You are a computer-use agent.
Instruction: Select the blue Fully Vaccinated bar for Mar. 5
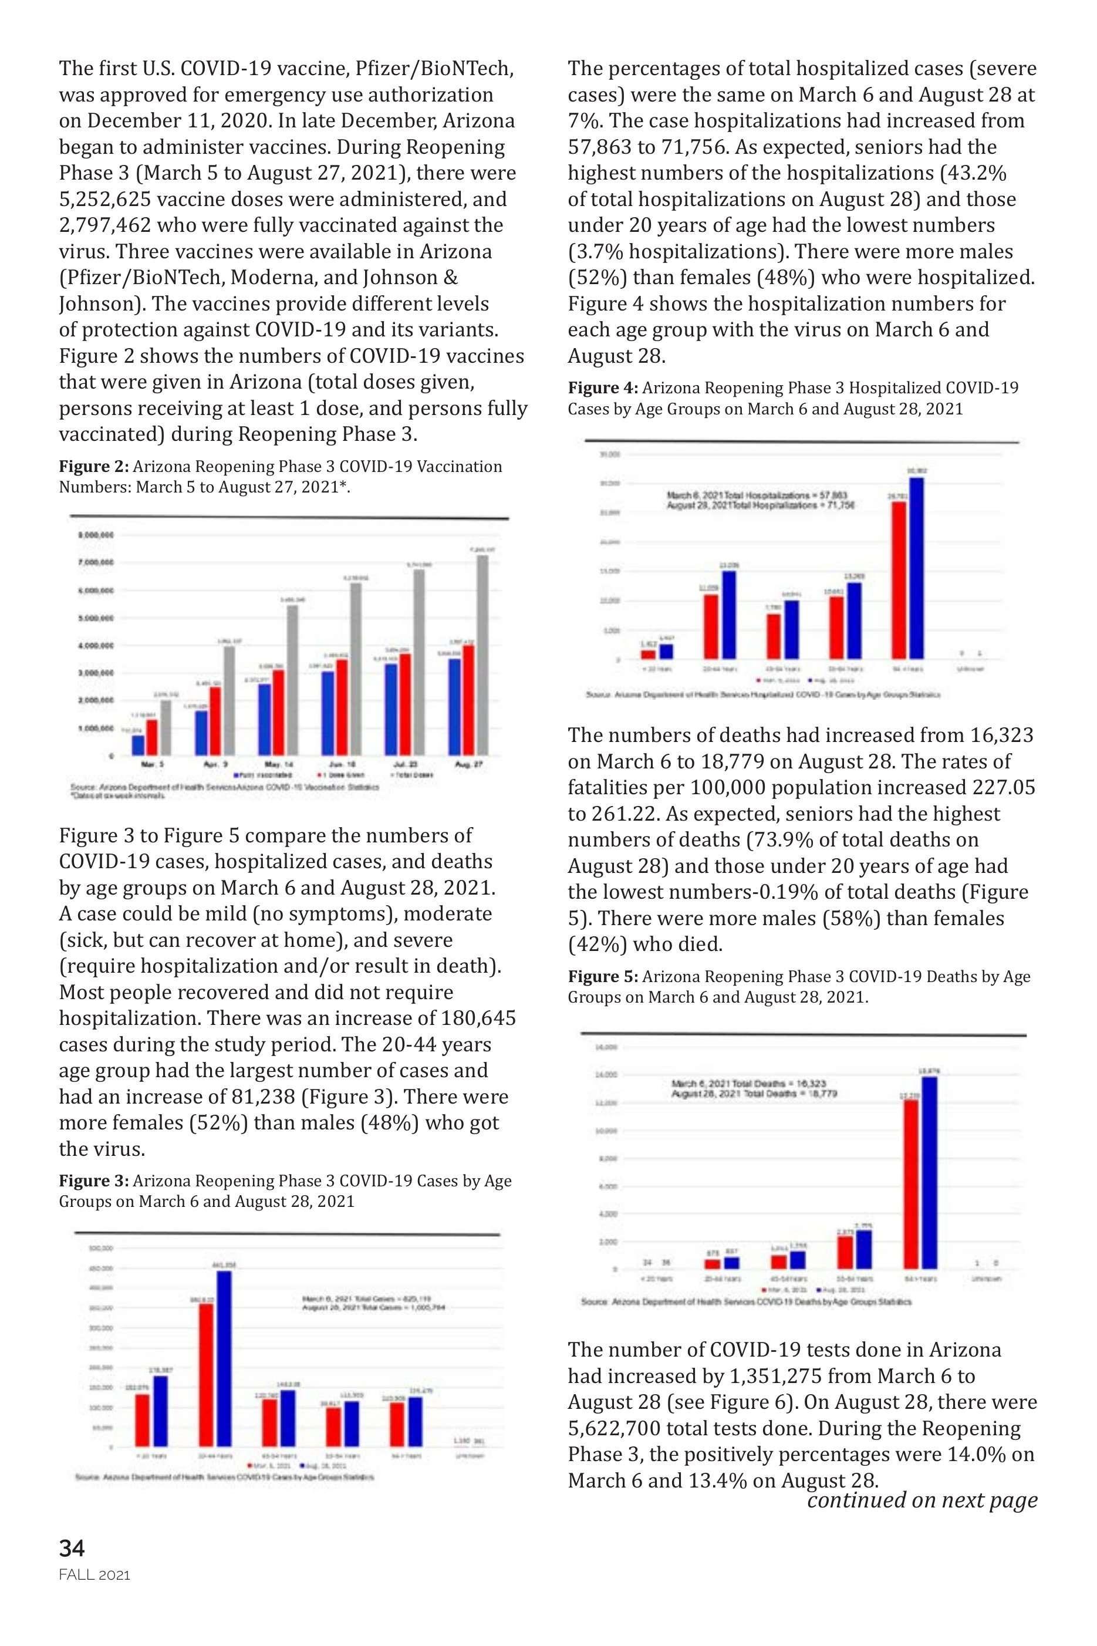click(139, 745)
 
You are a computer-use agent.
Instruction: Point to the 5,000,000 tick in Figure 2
click(94, 618)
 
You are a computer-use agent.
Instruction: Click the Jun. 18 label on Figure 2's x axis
click(347, 765)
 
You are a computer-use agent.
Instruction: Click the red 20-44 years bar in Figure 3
click(207, 1375)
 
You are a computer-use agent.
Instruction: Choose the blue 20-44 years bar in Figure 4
click(729, 615)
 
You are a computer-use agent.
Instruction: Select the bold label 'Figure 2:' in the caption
click(94, 467)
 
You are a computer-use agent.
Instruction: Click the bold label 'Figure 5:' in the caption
click(603, 977)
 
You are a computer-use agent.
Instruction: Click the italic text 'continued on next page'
click(922, 1500)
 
